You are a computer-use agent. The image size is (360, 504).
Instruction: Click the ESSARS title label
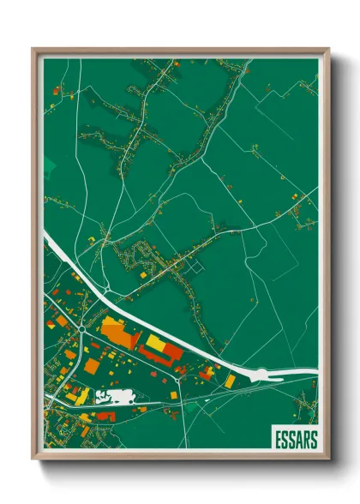pos(295,440)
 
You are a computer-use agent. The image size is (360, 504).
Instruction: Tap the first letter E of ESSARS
pos(278,440)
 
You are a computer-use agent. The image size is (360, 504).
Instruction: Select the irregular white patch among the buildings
pos(117,396)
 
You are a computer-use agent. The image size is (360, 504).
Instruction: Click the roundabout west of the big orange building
pos(80,326)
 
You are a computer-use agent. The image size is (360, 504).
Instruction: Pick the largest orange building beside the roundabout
pos(118,332)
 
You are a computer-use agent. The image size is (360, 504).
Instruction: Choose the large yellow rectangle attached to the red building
pos(156,344)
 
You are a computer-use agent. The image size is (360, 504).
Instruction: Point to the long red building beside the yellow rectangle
pos(169,351)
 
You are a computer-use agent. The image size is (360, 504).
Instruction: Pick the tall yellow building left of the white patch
pos(84,395)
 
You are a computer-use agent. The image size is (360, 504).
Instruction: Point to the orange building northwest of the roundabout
pos(62,321)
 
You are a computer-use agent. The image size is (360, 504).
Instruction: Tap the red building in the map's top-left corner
pos(56,89)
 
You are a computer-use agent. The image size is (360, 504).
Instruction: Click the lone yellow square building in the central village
pos(143,276)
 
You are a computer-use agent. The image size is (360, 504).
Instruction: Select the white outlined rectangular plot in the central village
pos(198,267)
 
